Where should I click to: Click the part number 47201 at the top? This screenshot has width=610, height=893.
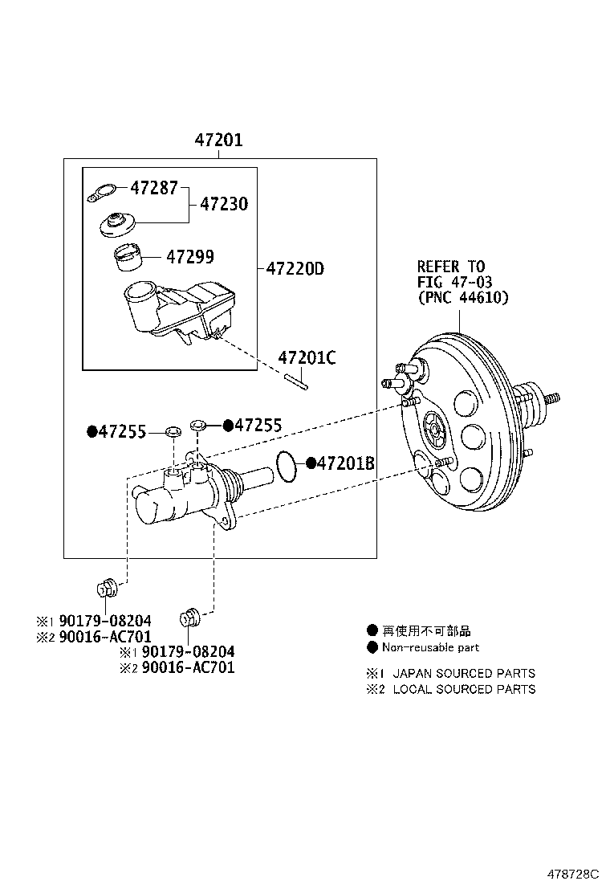[x=218, y=141]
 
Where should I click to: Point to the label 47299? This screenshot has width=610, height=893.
[x=190, y=257]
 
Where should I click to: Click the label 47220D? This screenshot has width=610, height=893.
[x=295, y=268]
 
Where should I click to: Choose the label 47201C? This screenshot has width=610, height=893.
[x=307, y=357]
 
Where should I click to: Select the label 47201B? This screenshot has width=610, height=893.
[x=346, y=463]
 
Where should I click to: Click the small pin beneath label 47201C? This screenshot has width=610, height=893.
[x=295, y=381]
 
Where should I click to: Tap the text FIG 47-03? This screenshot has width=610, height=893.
[x=454, y=281]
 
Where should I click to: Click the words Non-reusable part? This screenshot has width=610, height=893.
[x=430, y=647]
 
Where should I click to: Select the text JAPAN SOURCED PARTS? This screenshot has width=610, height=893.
[x=463, y=673]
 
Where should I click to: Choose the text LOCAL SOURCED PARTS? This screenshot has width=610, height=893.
[x=463, y=688]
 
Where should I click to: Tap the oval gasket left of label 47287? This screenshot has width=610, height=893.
[x=100, y=193]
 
